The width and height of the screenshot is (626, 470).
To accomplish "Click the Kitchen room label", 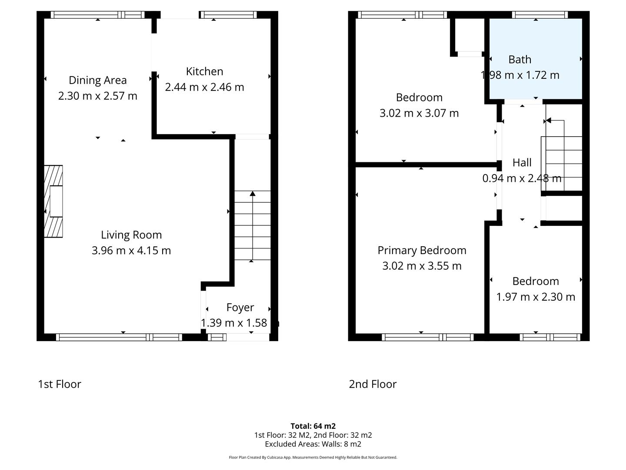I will coord(204,71).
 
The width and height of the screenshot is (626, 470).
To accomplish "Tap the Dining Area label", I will coord(97,80).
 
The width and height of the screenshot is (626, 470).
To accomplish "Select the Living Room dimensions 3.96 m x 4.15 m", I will coord(131,250).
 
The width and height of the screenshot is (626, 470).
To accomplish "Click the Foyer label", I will coord(240,307).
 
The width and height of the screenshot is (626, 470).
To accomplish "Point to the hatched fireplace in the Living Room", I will coord(53,201).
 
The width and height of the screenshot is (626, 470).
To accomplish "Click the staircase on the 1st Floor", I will coord(252,226).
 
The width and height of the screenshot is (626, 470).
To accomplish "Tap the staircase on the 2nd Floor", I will coord(563,163).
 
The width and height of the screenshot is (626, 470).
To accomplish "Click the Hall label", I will coord(522,162).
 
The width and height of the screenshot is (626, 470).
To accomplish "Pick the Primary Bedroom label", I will coord(422,250).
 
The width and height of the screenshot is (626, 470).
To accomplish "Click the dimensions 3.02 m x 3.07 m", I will coord(419,113).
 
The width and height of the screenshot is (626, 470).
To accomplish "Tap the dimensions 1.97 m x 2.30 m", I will coord(536,297).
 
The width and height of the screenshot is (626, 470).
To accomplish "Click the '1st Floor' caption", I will coord(60,384).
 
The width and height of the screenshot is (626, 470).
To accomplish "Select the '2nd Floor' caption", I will coord(373,384).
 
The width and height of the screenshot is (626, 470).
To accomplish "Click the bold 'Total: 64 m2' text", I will coord(313,426).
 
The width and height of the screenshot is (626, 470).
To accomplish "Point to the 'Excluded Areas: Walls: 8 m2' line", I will coord(313,444).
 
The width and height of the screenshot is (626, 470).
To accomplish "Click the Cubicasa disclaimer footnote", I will coord(313,457).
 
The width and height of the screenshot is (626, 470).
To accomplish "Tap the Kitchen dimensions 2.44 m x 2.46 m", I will coord(204,87).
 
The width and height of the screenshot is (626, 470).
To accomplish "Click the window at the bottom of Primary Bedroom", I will coord(427,337).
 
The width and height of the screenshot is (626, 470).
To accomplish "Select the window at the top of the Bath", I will coord(539,15).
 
